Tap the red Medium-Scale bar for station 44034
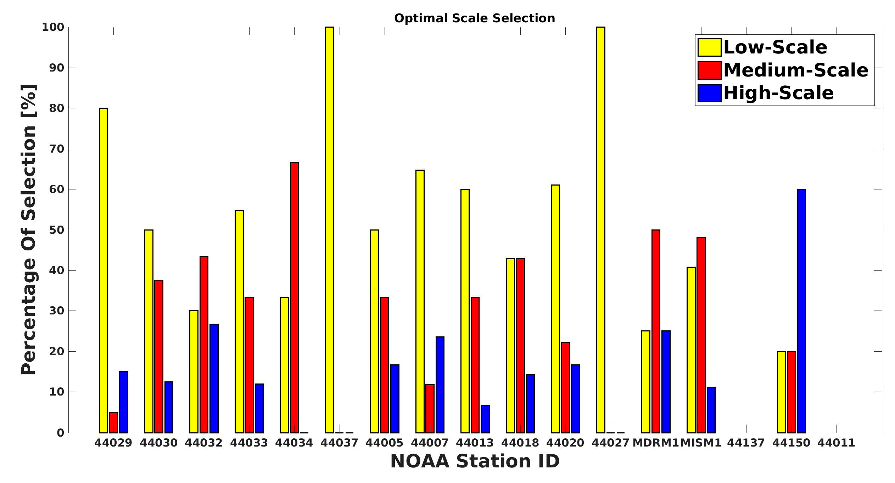click(x=294, y=297)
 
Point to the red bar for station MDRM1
click(x=656, y=331)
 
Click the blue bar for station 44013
click(x=485, y=419)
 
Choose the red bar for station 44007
click(x=430, y=409)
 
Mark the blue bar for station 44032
click(x=214, y=378)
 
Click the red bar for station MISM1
click(x=701, y=335)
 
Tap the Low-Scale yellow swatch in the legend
click(x=709, y=47)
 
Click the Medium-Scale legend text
click(x=796, y=70)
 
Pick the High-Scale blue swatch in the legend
click(x=709, y=93)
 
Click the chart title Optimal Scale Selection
click(x=475, y=18)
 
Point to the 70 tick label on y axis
click(x=56, y=149)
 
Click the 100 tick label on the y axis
click(x=53, y=27)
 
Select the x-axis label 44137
click(x=746, y=443)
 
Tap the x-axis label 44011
click(x=837, y=443)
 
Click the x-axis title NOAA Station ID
click(x=475, y=461)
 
